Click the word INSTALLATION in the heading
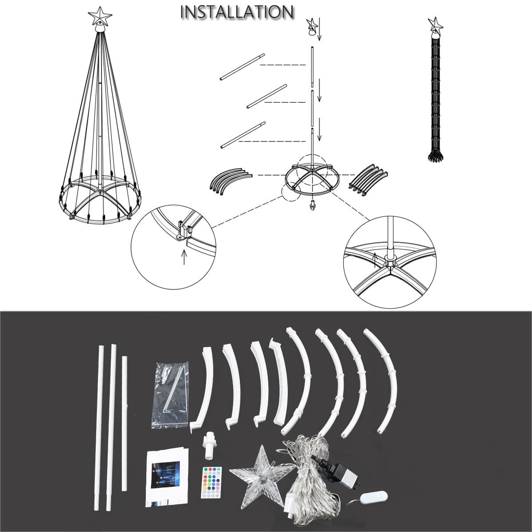pos(237,12)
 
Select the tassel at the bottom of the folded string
pos(435,156)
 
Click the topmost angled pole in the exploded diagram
pos(242,67)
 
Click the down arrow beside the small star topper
pos(319,29)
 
